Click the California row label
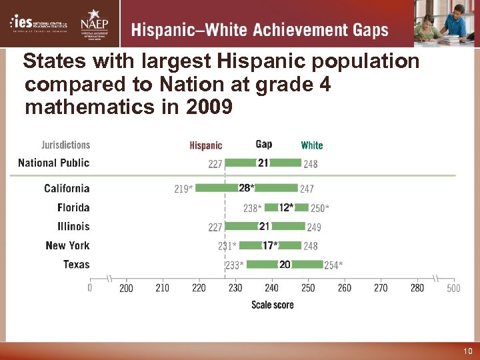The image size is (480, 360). point(67,189)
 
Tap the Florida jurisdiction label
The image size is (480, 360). point(73,208)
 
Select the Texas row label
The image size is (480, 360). point(76,265)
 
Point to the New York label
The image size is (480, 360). point(67,246)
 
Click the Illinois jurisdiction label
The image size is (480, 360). point(73,227)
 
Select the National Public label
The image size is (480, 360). point(53,163)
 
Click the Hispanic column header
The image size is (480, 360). point(206,145)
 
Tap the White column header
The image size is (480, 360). point(311,145)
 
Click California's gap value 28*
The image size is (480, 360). point(246,188)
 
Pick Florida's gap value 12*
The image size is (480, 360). point(286,207)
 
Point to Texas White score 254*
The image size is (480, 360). point(333,265)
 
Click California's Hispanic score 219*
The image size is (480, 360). point(183,189)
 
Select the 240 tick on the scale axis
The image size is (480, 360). point(271,288)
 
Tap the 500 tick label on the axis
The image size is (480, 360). point(453,288)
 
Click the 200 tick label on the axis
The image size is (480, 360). point(126,288)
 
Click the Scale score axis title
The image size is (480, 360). point(272,305)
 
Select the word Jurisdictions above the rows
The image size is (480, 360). point(66,145)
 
